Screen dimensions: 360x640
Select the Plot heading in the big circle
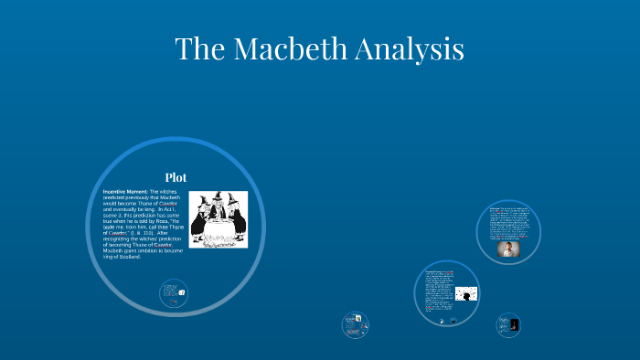tap(176, 176)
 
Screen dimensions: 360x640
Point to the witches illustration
tap(218, 219)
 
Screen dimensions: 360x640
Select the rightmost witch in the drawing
tap(235, 219)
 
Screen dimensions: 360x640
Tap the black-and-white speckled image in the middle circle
tap(466, 294)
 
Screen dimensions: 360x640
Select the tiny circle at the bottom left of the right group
tap(355, 324)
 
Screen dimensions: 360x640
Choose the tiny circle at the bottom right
tap(509, 324)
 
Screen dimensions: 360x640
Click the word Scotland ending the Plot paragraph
tap(128, 257)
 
